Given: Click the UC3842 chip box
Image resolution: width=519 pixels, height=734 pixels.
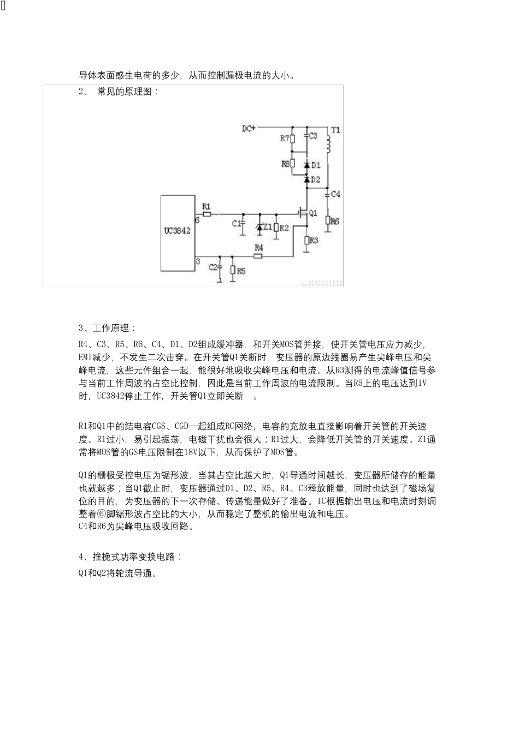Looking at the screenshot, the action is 178,232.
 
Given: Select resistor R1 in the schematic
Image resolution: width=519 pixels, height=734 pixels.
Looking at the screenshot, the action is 207,214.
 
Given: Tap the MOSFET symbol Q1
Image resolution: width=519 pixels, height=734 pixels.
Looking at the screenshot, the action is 302,212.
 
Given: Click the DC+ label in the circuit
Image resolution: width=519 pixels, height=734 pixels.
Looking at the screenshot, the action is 249,129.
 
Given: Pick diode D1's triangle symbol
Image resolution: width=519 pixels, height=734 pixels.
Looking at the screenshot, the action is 306,164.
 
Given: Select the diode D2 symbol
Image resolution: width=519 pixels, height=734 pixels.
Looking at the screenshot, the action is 306,178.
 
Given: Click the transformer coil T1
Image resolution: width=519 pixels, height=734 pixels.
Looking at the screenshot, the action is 328,145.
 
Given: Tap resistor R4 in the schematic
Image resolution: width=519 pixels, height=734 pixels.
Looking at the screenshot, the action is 258,255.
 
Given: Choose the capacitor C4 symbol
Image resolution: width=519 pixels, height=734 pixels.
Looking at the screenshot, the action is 328,194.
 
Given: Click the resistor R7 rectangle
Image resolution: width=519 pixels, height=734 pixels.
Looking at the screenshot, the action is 293,139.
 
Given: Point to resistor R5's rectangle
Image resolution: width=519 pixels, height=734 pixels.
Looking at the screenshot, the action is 233,270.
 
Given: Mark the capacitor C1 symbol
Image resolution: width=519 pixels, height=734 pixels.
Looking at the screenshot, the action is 243,223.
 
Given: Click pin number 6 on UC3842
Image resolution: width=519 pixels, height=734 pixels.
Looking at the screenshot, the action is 197,220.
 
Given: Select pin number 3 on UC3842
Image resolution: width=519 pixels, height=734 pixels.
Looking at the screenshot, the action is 198,262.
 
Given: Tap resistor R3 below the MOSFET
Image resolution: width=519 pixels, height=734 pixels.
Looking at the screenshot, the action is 306,240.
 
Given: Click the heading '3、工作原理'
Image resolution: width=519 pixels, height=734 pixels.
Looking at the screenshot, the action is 107,329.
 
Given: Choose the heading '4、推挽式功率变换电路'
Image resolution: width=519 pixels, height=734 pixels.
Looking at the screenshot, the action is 129,557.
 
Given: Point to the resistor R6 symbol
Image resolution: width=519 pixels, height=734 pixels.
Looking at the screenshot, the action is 328,220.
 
